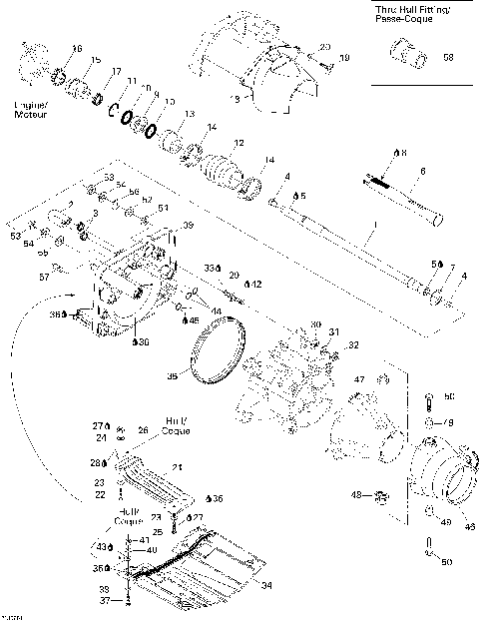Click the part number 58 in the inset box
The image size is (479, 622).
point(447,57)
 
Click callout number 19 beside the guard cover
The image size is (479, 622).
point(344,59)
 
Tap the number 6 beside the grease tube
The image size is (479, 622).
point(423,173)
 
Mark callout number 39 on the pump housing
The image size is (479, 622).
point(187,228)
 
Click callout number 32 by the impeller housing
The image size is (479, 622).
point(351,345)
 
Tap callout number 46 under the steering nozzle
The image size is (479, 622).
point(469,528)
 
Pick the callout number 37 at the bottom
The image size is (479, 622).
point(103,601)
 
